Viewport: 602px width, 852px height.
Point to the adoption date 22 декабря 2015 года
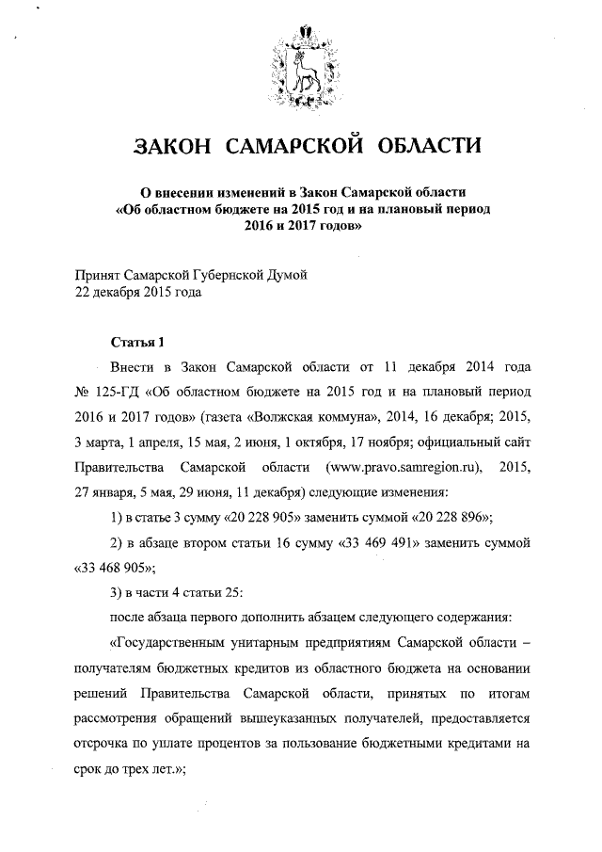[x=138, y=292]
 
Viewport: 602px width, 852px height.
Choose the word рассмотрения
[x=121, y=718]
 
